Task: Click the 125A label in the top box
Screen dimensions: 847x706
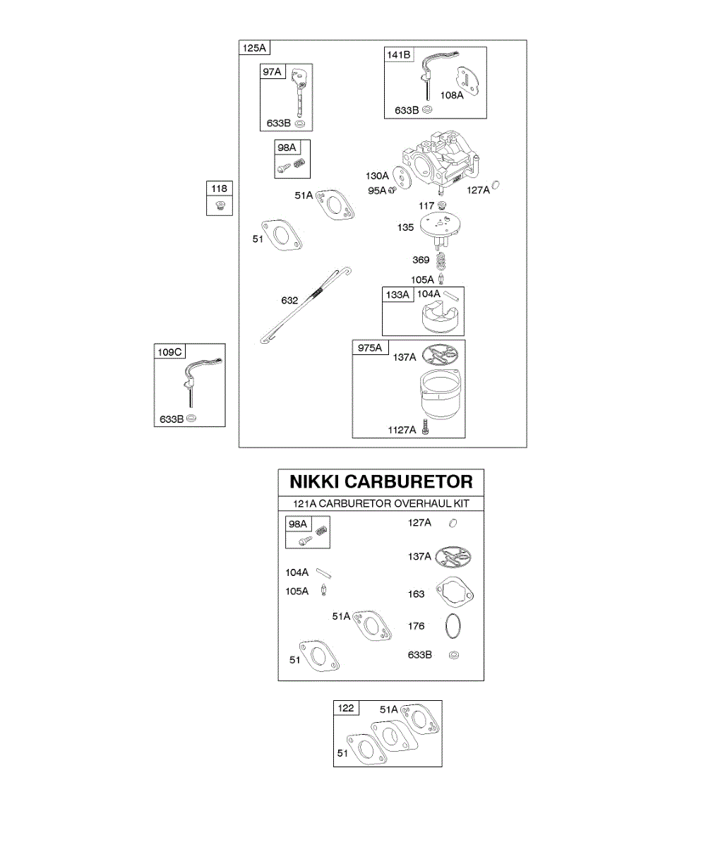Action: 254,48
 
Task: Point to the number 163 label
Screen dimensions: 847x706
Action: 417,594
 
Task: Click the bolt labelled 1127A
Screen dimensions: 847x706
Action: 425,428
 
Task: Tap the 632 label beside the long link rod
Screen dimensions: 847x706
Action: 289,300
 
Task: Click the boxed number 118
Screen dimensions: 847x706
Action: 220,188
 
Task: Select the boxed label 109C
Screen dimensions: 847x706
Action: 169,352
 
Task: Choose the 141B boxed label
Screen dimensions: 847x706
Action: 398,55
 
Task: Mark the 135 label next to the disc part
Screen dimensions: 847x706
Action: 405,228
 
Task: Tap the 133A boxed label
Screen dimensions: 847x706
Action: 396,294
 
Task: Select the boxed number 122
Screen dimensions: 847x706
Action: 346,708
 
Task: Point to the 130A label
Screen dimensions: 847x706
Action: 377,176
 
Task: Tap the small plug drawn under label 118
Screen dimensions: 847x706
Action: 220,205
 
